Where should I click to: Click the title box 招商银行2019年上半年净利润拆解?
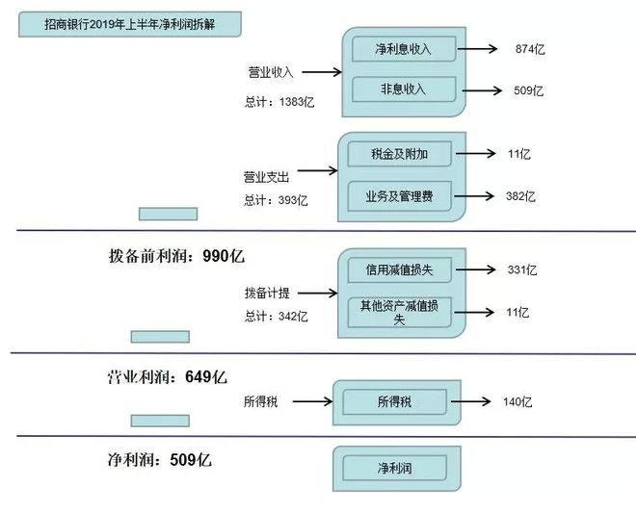(130, 24)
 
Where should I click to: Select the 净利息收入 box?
(404, 49)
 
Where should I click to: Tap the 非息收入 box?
(404, 90)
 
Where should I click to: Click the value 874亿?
(530, 49)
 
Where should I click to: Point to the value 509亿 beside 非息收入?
(528, 90)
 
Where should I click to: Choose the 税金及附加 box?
(400, 154)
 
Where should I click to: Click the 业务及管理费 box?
(400, 196)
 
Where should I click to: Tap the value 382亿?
(520, 196)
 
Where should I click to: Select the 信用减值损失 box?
(400, 269)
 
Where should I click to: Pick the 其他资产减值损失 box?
(400, 313)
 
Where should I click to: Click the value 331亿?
(522, 269)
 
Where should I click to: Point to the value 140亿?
(517, 402)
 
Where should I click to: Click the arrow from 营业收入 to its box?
(322, 72)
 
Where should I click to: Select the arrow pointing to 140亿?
(470, 401)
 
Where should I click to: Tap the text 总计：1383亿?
(279, 102)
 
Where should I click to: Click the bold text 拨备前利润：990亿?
(177, 256)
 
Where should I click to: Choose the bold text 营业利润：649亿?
(167, 377)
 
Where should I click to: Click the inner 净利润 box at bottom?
(395, 469)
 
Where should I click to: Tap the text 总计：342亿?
(276, 316)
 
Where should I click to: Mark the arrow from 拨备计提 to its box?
(318, 293)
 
